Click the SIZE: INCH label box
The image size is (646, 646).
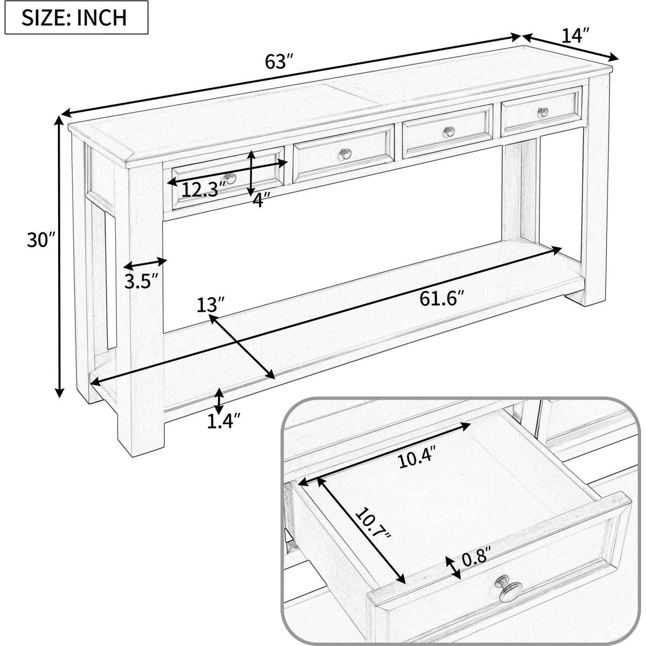(76, 17)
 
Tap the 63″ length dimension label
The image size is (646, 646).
(279, 61)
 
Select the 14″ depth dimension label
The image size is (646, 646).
(575, 36)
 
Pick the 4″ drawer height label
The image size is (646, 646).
(261, 200)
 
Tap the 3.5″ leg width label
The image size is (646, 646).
(141, 280)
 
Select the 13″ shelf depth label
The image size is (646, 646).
(210, 305)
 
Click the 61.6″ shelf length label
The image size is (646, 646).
(442, 298)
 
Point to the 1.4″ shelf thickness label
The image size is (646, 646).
(223, 422)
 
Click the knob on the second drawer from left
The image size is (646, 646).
(345, 153)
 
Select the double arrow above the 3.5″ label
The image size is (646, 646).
(145, 264)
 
